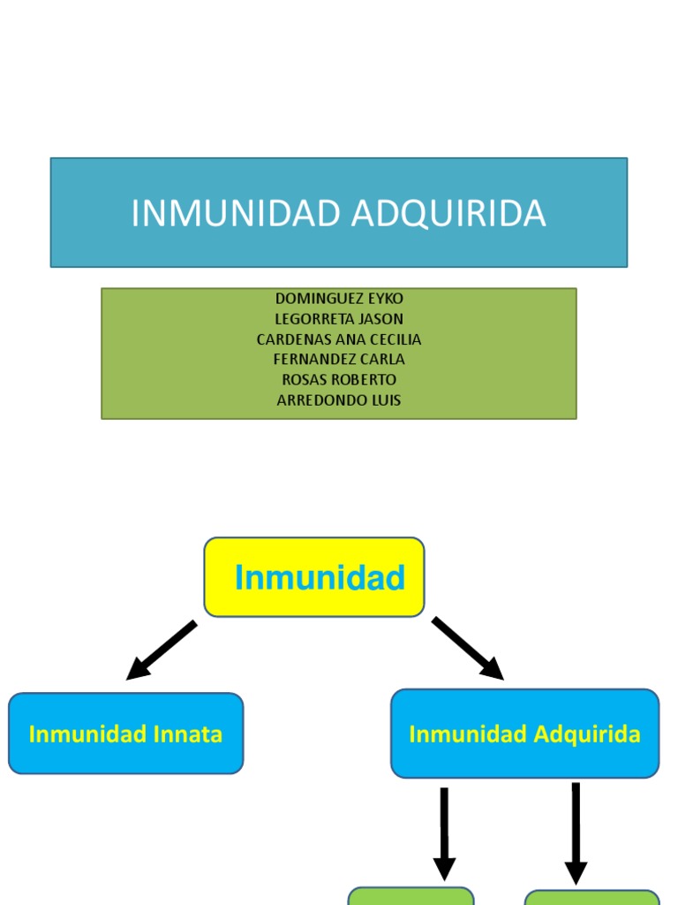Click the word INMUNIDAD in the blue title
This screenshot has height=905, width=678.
pyautogui.click(x=236, y=214)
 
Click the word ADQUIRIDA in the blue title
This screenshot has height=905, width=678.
pyautogui.click(x=448, y=214)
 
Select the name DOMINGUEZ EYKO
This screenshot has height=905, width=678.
pyautogui.click(x=339, y=299)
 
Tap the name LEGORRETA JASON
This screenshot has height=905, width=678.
pyautogui.click(x=339, y=319)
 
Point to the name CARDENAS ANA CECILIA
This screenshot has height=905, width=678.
pyautogui.click(x=339, y=339)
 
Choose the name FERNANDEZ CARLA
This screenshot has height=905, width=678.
pyautogui.click(x=339, y=360)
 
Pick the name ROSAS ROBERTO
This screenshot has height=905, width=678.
pyautogui.click(x=339, y=380)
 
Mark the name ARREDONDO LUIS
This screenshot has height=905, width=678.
pyautogui.click(x=339, y=400)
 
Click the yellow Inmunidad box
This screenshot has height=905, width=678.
pyautogui.click(x=314, y=577)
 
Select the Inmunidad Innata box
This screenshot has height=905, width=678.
pyautogui.click(x=125, y=734)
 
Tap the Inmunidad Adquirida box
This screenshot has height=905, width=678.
pyautogui.click(x=524, y=734)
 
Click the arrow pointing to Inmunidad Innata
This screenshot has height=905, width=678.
pyautogui.click(x=161, y=650)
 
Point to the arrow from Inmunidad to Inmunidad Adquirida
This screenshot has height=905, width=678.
pyautogui.click(x=468, y=649)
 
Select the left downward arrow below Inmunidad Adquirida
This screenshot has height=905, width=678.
pyautogui.click(x=444, y=833)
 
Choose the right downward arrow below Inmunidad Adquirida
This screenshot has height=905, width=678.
pyautogui.click(x=576, y=833)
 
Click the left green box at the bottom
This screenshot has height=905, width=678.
pyautogui.click(x=411, y=896)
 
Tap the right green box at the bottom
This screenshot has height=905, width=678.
pyautogui.click(x=591, y=897)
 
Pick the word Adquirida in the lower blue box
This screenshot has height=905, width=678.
pyautogui.click(x=586, y=734)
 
